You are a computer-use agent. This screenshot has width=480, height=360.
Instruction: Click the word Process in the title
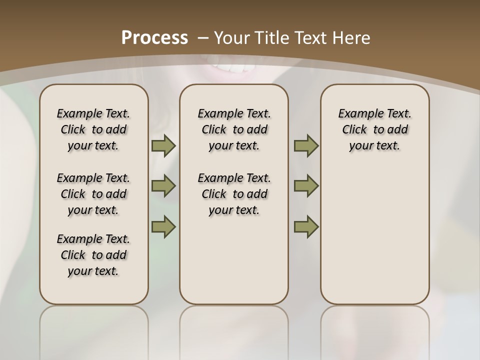click(x=154, y=37)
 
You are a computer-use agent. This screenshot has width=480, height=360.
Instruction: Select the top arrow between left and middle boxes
click(x=163, y=145)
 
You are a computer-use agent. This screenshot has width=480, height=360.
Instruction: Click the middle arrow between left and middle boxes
click(x=163, y=186)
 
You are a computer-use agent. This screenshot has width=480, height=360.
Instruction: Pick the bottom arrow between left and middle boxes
click(x=163, y=226)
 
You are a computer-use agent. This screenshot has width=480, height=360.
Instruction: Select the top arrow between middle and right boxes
click(x=306, y=145)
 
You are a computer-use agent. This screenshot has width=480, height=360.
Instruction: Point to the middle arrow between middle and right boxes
click(x=306, y=186)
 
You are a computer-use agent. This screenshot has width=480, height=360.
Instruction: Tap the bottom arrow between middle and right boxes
click(x=306, y=226)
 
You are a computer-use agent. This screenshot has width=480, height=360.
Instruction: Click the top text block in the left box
click(x=93, y=129)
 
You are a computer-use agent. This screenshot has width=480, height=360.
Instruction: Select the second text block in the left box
click(x=93, y=194)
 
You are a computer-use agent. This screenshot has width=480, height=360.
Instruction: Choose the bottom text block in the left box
click(x=93, y=255)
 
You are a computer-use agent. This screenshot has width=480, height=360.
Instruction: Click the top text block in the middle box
click(x=234, y=129)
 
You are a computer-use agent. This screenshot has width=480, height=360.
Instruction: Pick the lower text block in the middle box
click(x=234, y=194)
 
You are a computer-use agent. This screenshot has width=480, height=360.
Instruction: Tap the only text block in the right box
click(x=374, y=129)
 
